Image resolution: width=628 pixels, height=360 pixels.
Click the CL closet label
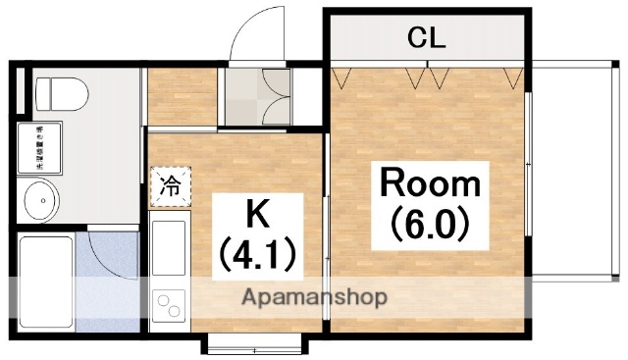pyautogui.click(x=427, y=39)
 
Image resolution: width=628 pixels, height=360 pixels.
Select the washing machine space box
pyautogui.click(x=37, y=149)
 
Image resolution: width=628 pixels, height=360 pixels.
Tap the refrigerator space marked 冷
pyautogui.click(x=171, y=186)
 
